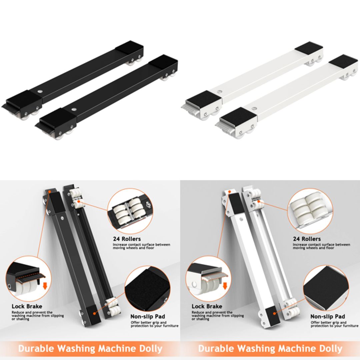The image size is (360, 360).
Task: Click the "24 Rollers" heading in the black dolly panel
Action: pyautogui.click(x=127, y=239)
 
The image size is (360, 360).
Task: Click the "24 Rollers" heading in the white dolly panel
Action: pyautogui.click(x=307, y=239)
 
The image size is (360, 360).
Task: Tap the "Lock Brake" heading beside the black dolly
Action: pyautogui.click(x=27, y=306)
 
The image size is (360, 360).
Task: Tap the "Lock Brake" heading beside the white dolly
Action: pyautogui.click(x=207, y=306)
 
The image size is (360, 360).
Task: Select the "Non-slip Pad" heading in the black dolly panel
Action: pyautogui.click(x=148, y=316)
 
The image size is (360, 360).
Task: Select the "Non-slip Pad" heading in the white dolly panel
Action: pyautogui.click(x=328, y=316)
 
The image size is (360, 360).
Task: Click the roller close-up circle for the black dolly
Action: pyautogui.click(x=130, y=211)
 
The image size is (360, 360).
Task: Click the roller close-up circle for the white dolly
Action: pyautogui.click(x=310, y=211)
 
